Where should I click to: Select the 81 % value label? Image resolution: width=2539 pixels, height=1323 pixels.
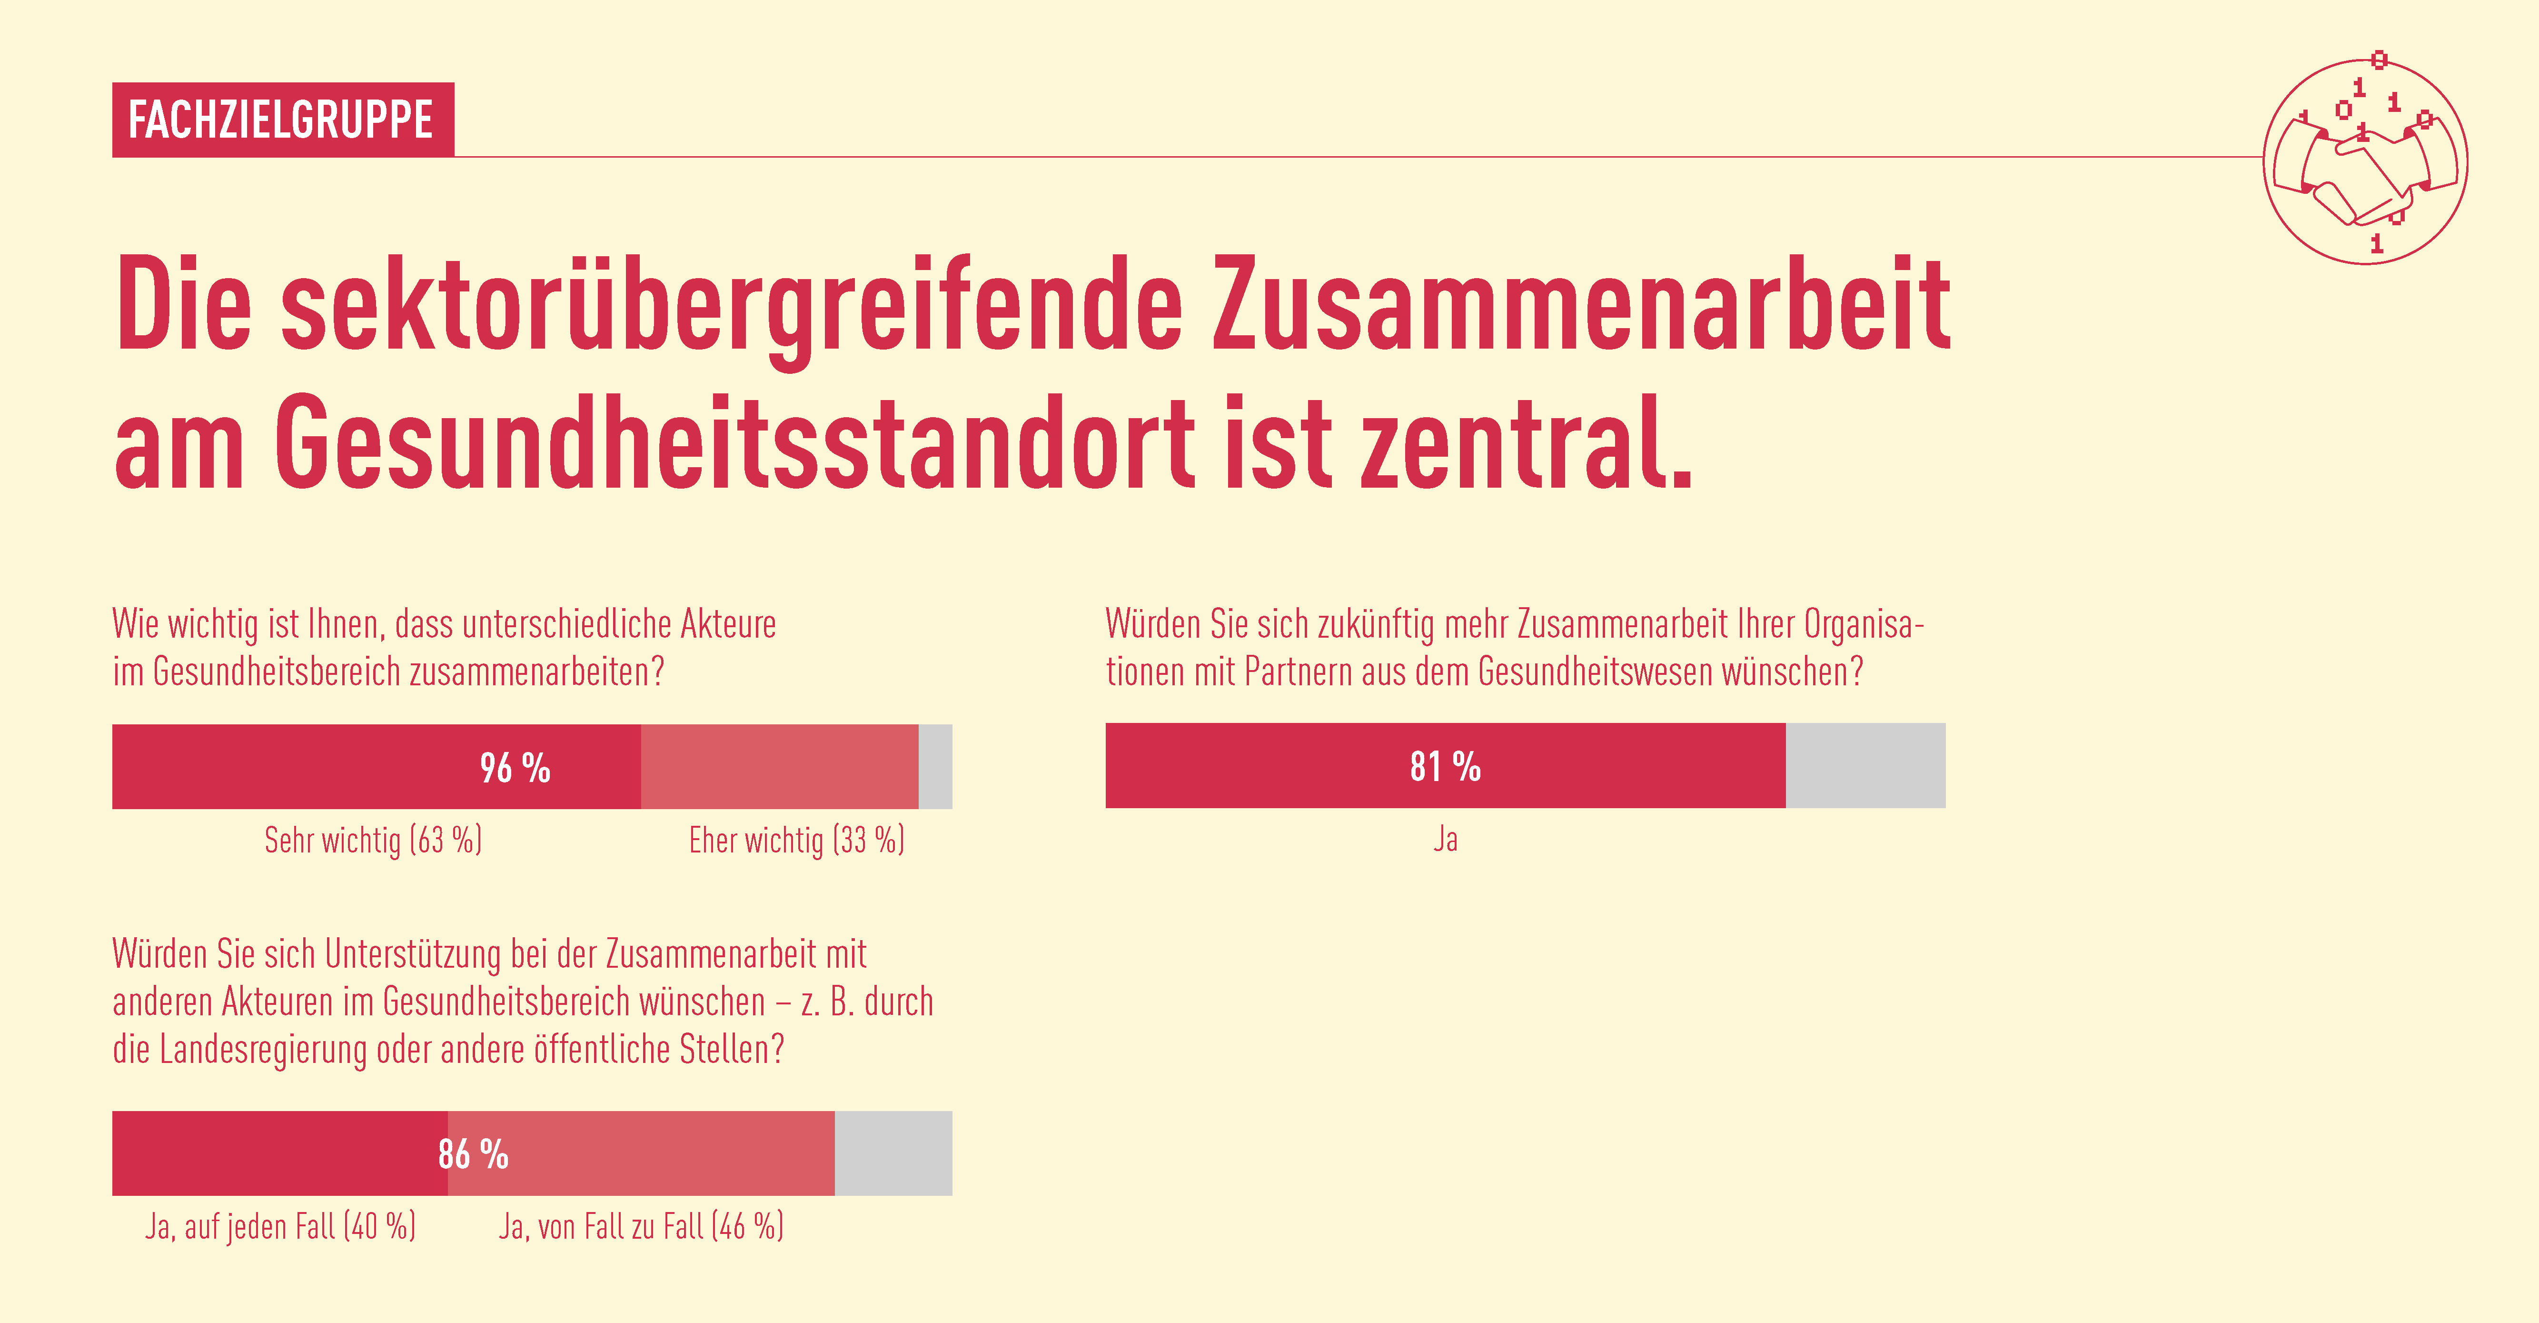(1445, 766)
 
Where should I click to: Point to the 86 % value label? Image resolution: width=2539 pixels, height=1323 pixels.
(473, 1153)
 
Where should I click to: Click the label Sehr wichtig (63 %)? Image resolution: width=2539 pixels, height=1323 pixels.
(373, 840)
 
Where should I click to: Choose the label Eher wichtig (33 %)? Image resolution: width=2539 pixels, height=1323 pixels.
(796, 840)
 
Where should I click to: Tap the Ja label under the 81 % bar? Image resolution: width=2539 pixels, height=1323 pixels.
(1445, 839)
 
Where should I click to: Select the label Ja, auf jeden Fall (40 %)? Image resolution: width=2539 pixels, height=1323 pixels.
(280, 1226)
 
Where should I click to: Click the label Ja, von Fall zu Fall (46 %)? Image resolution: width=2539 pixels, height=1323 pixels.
(641, 1226)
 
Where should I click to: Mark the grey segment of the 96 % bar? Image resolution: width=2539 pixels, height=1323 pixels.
(935, 767)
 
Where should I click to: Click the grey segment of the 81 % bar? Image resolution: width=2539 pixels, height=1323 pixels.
(1865, 766)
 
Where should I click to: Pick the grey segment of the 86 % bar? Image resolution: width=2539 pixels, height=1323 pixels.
(893, 1153)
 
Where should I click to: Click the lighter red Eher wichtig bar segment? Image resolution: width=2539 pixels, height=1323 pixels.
(779, 767)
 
